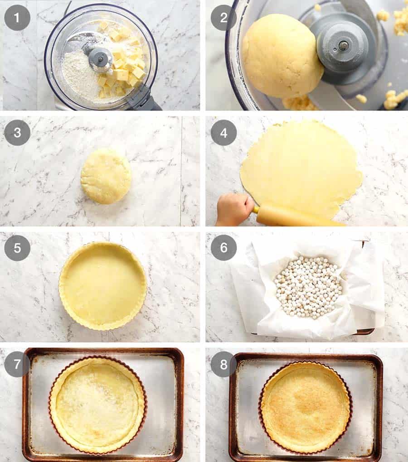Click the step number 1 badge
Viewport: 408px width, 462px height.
17,18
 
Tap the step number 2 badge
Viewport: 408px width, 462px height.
223,18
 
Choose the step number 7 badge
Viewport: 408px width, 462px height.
17,364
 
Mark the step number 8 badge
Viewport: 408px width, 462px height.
223,364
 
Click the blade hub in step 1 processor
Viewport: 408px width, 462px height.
100,58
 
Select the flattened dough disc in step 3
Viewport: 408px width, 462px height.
106,176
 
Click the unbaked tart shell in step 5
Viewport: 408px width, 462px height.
103,285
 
